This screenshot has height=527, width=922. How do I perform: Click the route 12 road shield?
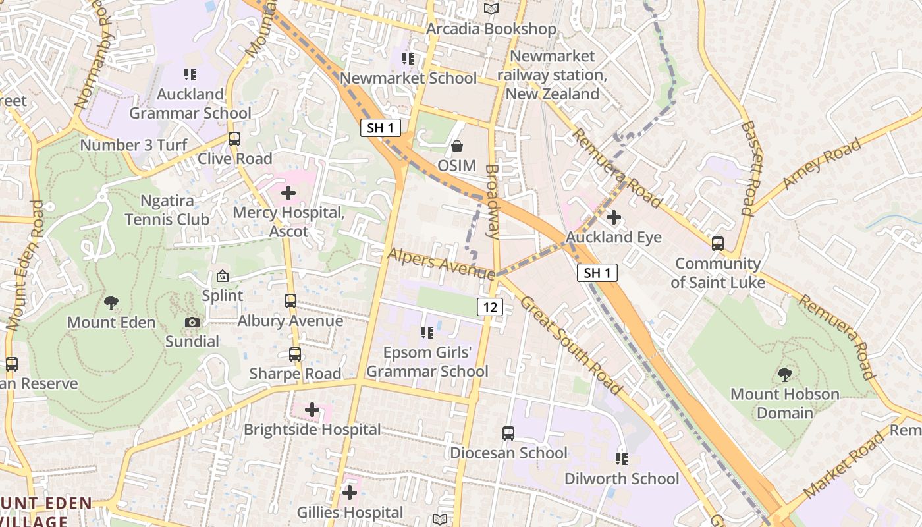pos(491,306)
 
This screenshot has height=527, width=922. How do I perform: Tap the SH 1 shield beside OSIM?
pos(381,128)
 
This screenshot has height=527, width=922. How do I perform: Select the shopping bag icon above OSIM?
pos(456,146)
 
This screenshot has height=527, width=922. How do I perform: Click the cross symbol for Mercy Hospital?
pos(288,193)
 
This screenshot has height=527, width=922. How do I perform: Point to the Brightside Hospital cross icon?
pos(312,410)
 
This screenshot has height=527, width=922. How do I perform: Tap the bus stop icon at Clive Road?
pos(234,139)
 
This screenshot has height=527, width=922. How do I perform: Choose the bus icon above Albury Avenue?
pos(290,301)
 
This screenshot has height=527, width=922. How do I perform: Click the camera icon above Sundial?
pos(192,322)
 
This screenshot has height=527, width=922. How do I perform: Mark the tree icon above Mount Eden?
pos(111,303)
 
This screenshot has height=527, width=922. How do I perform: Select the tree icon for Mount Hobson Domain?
pos(784,375)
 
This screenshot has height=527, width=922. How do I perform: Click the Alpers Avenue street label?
pos(441,263)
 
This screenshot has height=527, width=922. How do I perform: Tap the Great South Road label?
pos(570,346)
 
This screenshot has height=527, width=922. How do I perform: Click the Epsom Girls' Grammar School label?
pos(427,362)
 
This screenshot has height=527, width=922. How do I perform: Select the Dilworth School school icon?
pos(621,458)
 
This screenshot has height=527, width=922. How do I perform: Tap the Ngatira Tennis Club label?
pos(167,209)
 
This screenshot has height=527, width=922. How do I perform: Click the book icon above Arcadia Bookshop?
pos(491,9)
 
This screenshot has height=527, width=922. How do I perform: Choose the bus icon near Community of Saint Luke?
pos(718,244)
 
